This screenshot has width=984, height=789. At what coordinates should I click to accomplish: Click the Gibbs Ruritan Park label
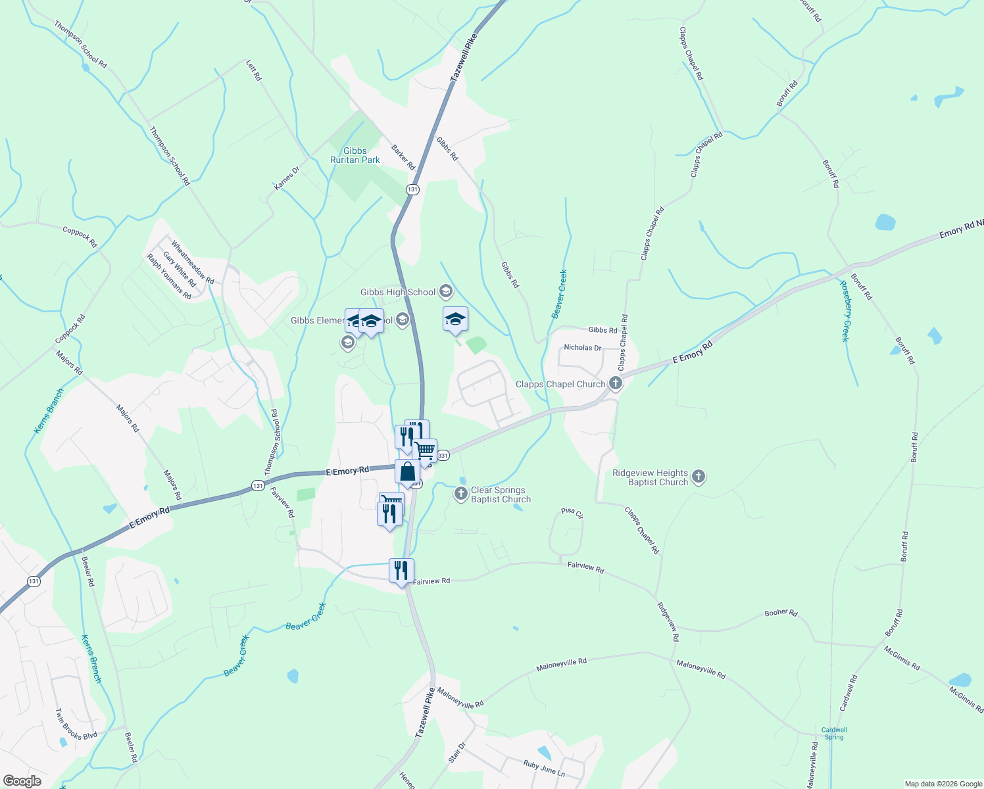tap(355, 155)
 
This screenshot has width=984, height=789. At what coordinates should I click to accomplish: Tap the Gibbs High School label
tap(398, 292)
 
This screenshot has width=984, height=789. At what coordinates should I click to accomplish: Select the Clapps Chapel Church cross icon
tap(616, 383)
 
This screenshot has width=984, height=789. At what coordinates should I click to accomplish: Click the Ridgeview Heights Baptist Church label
tap(650, 477)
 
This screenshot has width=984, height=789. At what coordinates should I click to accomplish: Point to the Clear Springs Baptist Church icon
tap(461, 494)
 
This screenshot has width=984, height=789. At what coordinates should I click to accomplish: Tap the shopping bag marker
tap(408, 472)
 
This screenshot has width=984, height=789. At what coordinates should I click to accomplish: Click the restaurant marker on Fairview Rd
tap(401, 571)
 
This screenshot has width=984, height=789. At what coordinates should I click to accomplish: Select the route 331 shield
tap(443, 455)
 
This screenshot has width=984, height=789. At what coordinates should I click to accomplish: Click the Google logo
tap(22, 781)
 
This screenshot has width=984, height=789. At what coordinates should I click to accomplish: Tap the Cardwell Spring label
tap(834, 733)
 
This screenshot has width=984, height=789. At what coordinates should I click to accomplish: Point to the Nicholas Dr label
tap(583, 347)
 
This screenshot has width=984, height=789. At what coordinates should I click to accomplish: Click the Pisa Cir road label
tap(572, 512)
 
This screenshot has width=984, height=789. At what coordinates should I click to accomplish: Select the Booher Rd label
tap(781, 613)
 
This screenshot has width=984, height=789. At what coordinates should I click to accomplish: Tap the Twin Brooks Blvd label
tap(76, 725)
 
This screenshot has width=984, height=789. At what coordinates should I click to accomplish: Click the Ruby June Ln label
tap(544, 767)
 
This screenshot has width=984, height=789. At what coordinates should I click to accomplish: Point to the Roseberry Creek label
tap(845, 311)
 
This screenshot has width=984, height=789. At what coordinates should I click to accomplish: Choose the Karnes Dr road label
tap(287, 178)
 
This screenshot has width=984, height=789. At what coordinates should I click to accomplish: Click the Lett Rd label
tap(254, 70)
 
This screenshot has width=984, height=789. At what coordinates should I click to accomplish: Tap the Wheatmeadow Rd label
tap(193, 262)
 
